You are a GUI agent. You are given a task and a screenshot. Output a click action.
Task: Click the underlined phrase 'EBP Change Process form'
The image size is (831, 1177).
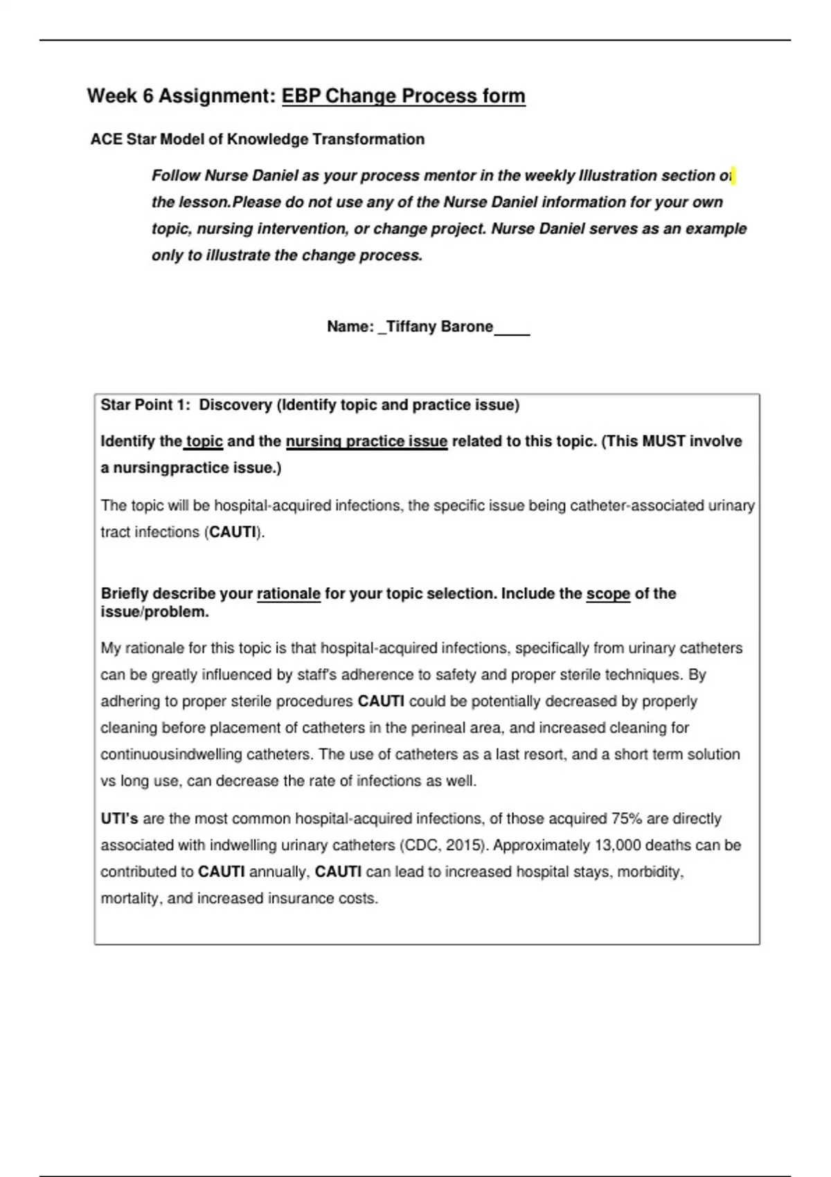(403, 96)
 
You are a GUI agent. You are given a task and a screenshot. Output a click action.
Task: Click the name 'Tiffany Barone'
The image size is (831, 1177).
(439, 326)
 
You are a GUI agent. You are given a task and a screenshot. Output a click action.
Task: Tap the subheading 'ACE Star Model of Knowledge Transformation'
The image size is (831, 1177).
(257, 139)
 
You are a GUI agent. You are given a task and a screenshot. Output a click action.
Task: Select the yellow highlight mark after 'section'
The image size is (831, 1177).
(733, 176)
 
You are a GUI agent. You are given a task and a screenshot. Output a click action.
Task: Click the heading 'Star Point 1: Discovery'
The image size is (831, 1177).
(186, 405)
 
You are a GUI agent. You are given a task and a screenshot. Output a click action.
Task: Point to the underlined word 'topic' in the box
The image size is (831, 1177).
(204, 441)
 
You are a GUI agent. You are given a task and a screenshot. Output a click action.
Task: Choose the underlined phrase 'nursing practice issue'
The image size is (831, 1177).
(366, 441)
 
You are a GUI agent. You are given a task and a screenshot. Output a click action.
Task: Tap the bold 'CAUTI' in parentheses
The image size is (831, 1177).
(233, 532)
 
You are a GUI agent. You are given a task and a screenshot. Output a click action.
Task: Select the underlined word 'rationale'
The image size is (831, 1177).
(289, 593)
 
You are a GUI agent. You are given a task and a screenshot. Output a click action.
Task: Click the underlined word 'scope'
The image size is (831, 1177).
(608, 593)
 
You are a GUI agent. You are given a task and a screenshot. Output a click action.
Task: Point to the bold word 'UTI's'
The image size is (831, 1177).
(119, 818)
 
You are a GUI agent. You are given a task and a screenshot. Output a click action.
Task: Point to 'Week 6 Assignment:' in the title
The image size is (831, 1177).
(181, 96)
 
